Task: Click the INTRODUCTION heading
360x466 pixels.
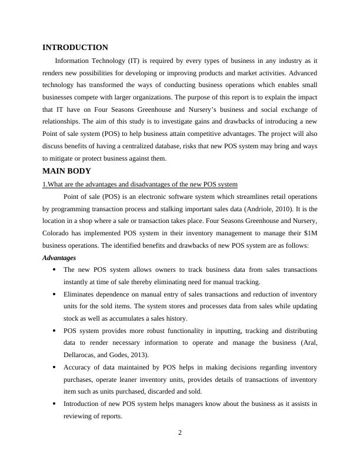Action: [75, 48]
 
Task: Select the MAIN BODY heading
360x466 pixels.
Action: [66, 171]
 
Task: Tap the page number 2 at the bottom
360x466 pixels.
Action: [180, 434]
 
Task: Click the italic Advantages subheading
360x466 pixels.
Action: [59, 258]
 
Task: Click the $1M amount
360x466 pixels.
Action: [308, 233]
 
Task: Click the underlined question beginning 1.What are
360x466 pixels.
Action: [140, 184]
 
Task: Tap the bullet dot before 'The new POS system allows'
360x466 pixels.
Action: [54, 270]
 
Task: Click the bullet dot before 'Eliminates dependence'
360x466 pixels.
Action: [54, 294]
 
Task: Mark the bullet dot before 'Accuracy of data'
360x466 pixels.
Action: [54, 368]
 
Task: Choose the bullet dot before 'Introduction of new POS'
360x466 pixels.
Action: [54, 404]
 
